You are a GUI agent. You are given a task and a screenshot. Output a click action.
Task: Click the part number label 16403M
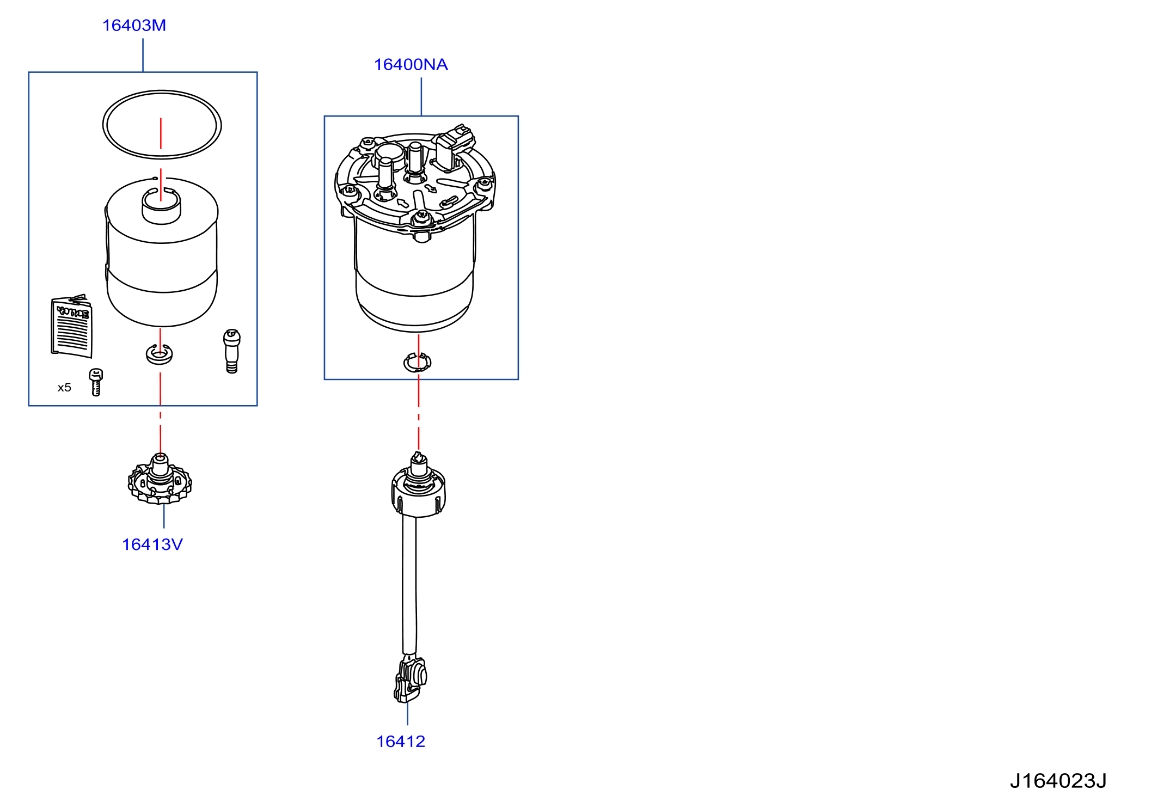pos(134,25)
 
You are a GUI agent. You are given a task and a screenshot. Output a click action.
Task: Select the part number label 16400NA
pos(411,64)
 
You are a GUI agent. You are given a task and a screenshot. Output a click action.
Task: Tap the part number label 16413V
pos(152,544)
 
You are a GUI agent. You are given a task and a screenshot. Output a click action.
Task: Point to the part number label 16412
pos(400,741)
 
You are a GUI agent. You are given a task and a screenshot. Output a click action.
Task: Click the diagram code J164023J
pos(1058,781)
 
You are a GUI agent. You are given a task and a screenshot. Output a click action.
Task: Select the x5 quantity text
pos(64,387)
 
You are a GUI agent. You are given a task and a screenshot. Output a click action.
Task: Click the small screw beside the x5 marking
pos(96,382)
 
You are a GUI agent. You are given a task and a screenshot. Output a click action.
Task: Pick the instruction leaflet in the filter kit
pos(72,327)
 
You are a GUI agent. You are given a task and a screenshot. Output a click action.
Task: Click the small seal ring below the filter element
pos(159,361)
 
